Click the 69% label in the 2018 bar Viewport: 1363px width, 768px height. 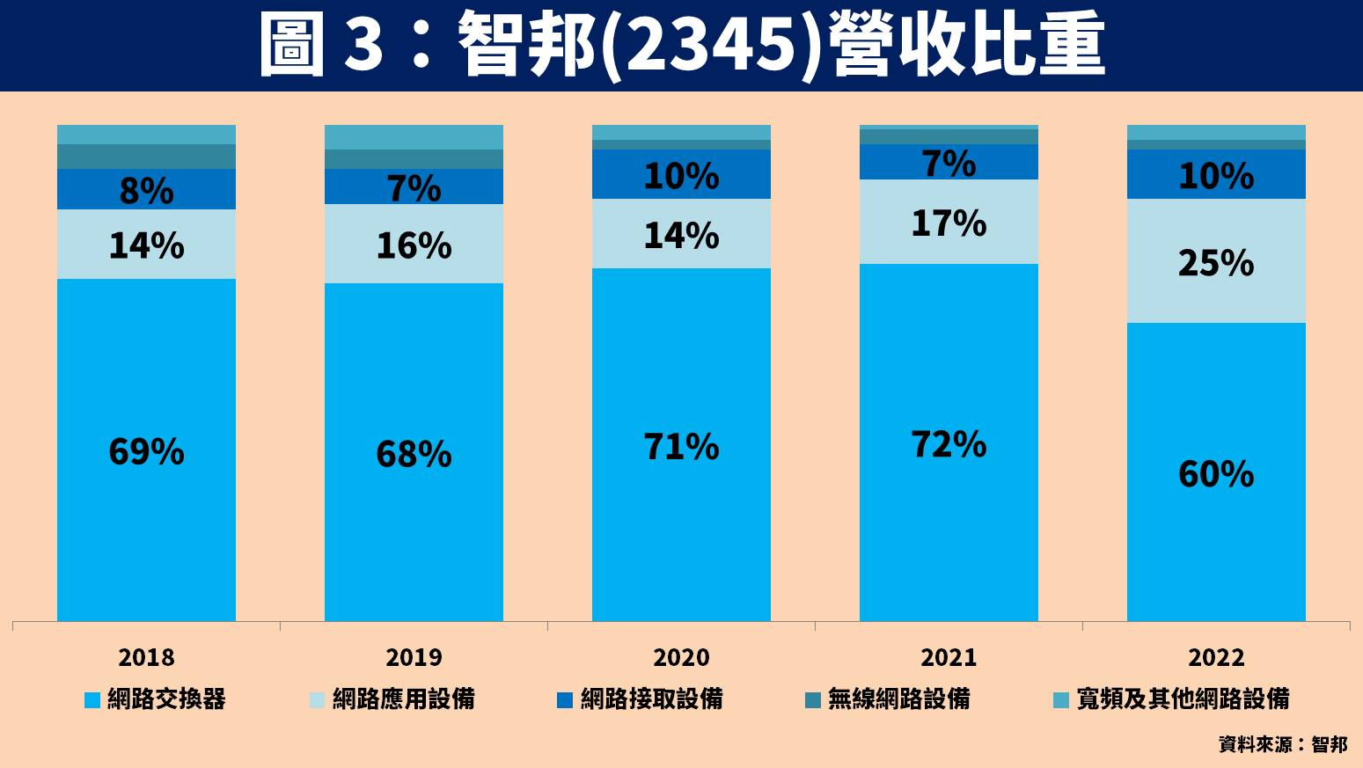[x=146, y=452]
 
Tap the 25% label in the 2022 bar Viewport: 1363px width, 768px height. [x=1216, y=263]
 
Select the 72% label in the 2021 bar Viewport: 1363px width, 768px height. [x=949, y=445]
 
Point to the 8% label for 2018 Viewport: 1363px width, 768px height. [x=146, y=191]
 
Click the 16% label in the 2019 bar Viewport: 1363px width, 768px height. [x=414, y=245]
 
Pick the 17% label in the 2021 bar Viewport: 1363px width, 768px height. [x=949, y=223]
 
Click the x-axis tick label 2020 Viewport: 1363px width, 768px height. [x=681, y=657]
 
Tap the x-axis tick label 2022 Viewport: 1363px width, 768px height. [x=1216, y=657]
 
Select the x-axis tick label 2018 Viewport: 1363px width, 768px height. [x=146, y=657]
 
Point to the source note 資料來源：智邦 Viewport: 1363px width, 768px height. [x=1282, y=744]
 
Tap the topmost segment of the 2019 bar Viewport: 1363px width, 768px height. [x=414, y=137]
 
